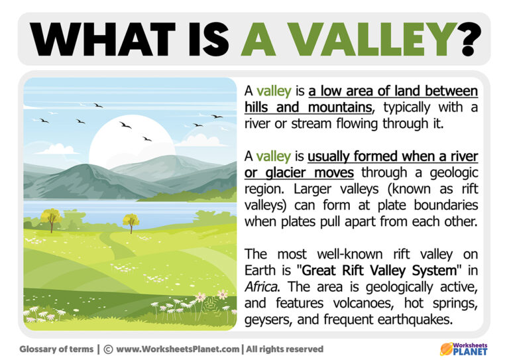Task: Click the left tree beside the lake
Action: point(50,217)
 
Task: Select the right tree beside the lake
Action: point(131,221)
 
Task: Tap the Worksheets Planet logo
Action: point(463,348)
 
